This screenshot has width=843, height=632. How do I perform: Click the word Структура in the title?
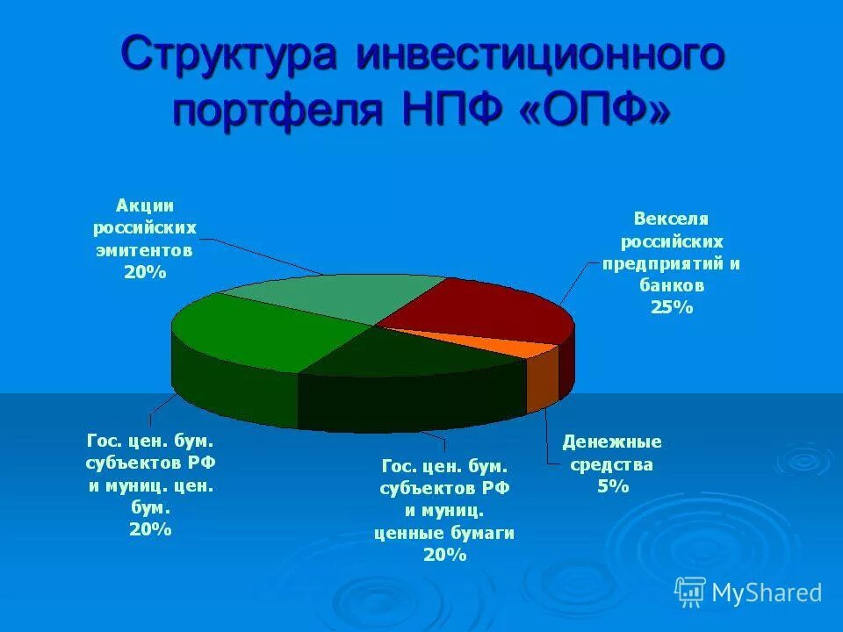tap(229, 55)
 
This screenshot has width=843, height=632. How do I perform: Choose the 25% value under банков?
tap(672, 307)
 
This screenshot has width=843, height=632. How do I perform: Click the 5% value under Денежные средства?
tap(613, 485)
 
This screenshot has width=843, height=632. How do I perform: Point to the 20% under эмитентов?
tap(145, 272)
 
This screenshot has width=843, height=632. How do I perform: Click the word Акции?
tap(145, 205)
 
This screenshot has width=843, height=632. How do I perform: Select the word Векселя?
tap(672, 218)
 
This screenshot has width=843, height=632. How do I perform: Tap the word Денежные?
tap(612, 442)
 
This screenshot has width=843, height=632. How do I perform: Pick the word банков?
tap(672, 285)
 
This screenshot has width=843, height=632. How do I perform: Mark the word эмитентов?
tap(145, 250)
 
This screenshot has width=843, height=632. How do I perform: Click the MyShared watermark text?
tap(767, 593)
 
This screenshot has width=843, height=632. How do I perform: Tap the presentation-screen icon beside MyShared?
tap(690, 592)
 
